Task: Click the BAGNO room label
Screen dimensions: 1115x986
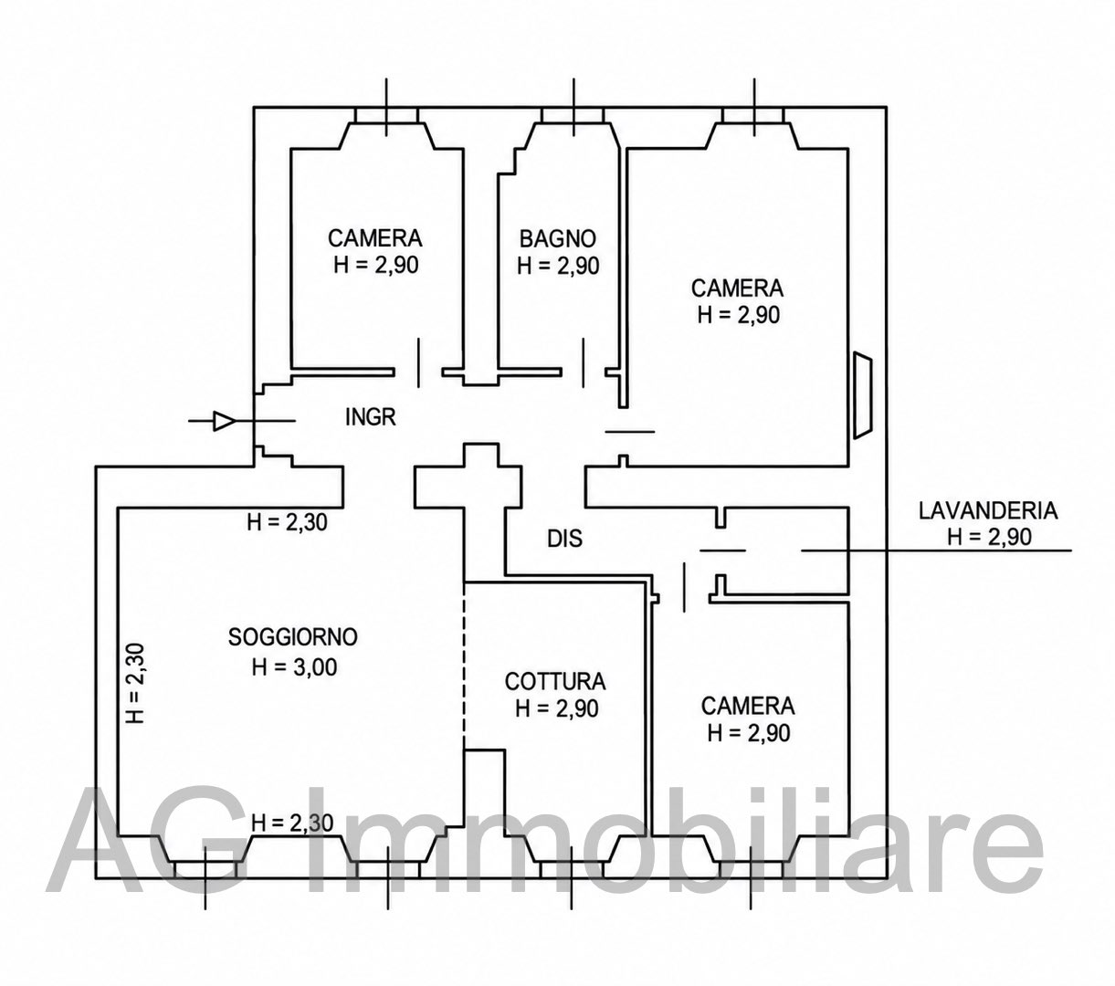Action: coord(557,239)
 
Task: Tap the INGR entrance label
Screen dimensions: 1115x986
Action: coord(371,417)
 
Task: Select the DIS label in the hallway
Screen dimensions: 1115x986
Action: coord(564,539)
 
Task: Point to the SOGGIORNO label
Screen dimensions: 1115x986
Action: coord(293,637)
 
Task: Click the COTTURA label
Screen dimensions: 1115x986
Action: coord(555,682)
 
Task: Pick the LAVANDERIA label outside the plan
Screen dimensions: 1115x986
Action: coord(988,510)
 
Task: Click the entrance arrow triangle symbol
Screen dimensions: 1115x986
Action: coord(225,421)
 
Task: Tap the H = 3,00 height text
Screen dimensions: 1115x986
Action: coord(294,666)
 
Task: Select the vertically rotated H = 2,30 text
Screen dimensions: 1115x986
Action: coord(135,683)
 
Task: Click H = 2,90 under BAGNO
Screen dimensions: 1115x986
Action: coord(558,266)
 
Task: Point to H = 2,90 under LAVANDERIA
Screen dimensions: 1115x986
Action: coord(989,537)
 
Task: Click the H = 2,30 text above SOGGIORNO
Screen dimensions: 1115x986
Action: coord(288,521)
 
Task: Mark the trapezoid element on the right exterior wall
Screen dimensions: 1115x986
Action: coord(862,395)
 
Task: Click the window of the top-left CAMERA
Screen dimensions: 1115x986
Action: coord(385,114)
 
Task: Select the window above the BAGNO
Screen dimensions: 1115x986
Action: coord(573,114)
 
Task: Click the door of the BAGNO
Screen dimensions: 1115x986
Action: coord(584,363)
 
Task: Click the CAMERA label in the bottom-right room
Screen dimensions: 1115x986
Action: coord(747,706)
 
